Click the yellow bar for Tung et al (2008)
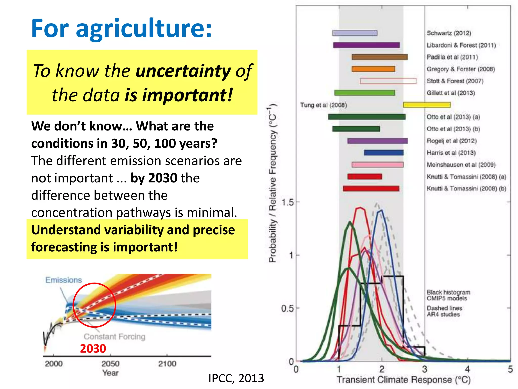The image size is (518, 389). point(427,105)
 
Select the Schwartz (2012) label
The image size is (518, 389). point(449,33)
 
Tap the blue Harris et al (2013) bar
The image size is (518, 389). point(384,153)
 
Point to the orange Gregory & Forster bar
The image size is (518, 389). point(373,69)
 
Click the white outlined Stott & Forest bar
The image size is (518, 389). point(388,81)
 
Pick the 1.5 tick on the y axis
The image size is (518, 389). point(288,202)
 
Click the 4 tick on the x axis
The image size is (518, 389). point(467,369)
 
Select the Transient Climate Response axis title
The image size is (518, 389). point(404,380)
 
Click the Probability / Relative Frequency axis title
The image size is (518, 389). point(273,183)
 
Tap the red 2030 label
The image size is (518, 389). point(93,348)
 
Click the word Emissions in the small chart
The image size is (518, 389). point(63,280)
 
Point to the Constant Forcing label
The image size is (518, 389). point(115,337)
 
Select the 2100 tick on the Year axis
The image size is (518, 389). point(167,364)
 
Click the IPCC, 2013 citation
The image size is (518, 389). point(236,378)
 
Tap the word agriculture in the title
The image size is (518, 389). point(144,28)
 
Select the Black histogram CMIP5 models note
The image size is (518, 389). point(448,295)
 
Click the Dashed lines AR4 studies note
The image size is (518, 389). point(444,311)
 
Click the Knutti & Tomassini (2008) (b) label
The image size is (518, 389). point(466,189)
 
